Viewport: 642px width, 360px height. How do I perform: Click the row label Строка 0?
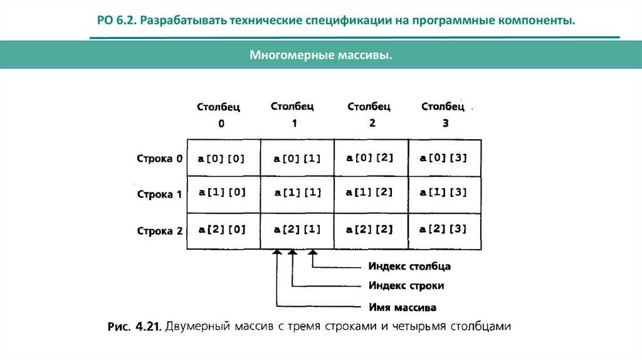[159, 159]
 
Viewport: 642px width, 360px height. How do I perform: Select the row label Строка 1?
[159, 194]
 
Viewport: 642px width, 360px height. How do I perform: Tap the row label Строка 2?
[159, 231]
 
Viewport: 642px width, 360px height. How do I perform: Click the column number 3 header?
[445, 124]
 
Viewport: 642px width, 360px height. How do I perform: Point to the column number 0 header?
[221, 124]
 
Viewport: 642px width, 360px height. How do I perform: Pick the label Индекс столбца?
[409, 267]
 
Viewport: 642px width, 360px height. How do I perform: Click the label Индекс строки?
[406, 286]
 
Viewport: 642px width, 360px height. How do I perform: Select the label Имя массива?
[402, 308]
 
